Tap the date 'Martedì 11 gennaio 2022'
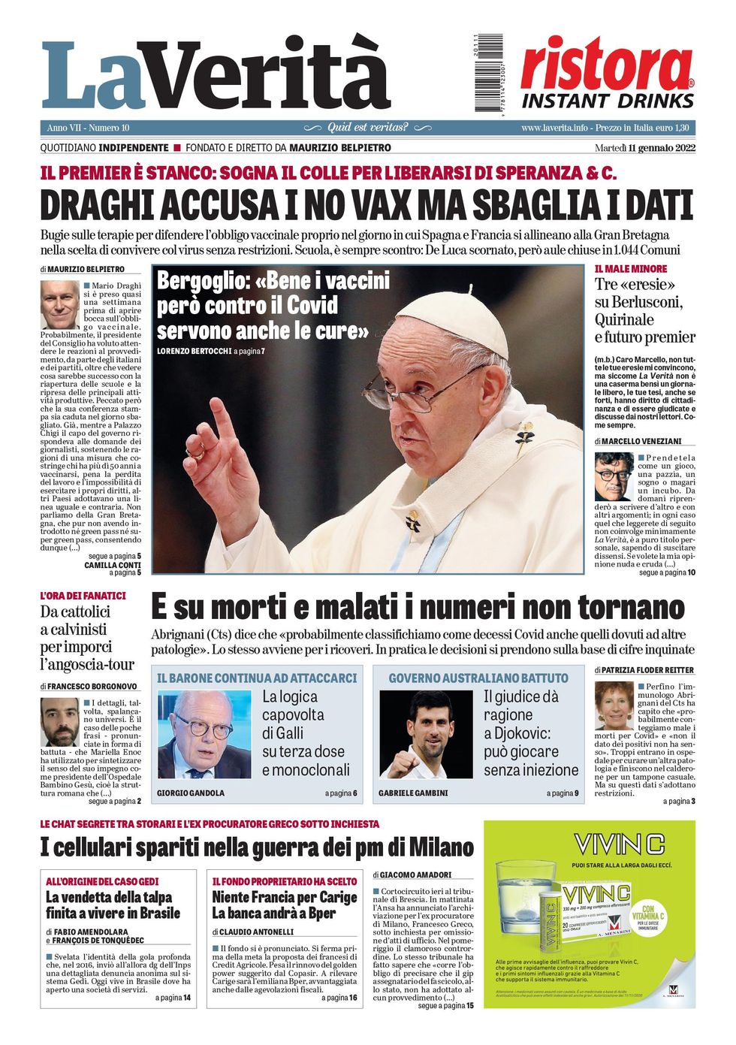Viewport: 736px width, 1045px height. coord(644,148)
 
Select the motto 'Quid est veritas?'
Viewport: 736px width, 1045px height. coord(367,128)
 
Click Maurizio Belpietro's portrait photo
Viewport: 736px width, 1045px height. coord(60,304)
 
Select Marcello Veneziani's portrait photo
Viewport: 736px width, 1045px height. coord(614,476)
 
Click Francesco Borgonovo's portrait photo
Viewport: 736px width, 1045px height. coord(60,722)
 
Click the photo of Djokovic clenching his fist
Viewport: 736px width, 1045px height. coord(426,734)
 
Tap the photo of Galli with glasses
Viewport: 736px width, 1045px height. coord(204,734)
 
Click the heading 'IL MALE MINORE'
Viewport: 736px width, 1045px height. coord(630,268)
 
